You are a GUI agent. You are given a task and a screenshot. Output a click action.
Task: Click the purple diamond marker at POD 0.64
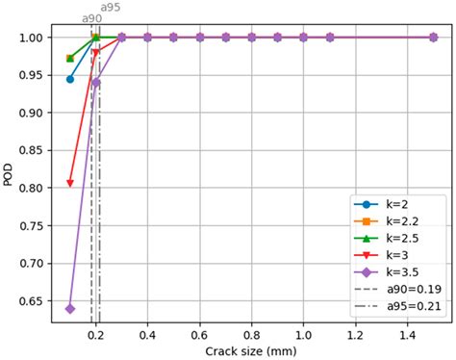pyautogui.click(x=69, y=309)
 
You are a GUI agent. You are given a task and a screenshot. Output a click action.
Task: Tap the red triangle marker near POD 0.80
pyautogui.click(x=69, y=184)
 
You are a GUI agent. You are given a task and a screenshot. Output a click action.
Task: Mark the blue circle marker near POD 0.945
pyautogui.click(x=69, y=79)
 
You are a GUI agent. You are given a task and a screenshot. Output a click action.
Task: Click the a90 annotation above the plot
pyautogui.click(x=90, y=18)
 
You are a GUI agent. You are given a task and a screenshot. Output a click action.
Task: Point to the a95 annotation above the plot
pyautogui.click(x=111, y=8)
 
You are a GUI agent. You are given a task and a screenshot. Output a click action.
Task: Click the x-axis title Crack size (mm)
pyautogui.click(x=250, y=351)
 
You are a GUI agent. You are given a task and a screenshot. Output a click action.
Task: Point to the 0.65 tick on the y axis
pyautogui.click(x=29, y=301)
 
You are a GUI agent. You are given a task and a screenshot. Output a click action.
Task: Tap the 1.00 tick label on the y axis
pyautogui.click(x=29, y=38)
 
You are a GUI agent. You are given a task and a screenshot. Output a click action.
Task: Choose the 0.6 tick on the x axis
pyautogui.click(x=199, y=336)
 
